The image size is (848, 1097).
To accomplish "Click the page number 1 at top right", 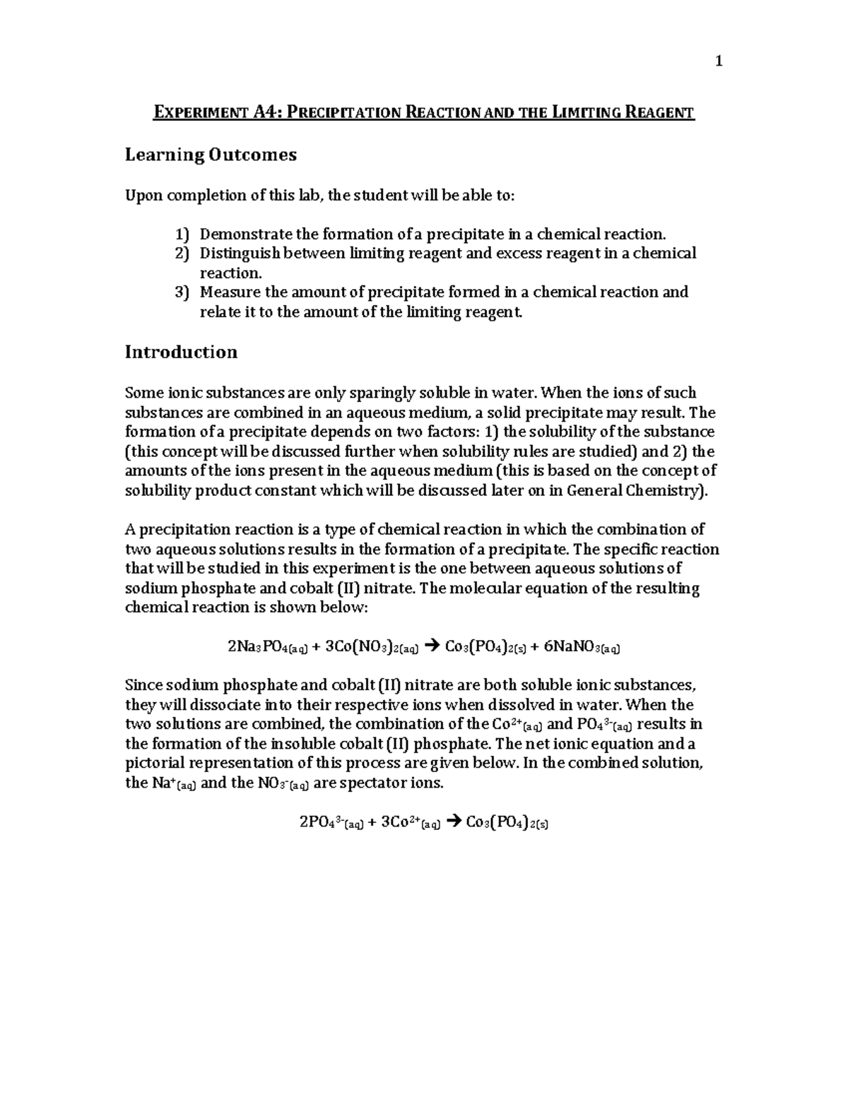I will click(x=719, y=61).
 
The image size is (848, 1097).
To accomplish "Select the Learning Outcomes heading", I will click(x=211, y=155).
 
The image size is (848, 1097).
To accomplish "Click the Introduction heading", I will click(x=181, y=352).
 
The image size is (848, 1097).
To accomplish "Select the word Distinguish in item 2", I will click(x=238, y=253).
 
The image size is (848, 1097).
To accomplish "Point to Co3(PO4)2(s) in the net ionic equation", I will click(x=507, y=822).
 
